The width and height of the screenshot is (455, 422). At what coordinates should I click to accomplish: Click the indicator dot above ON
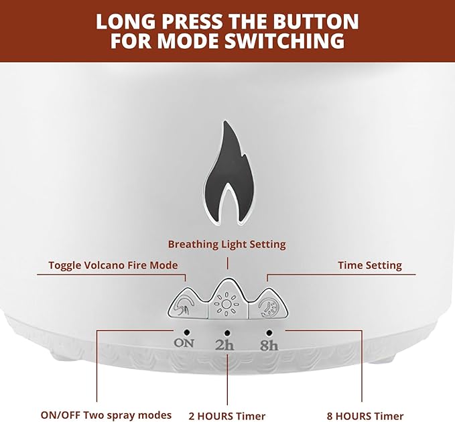tap(187, 332)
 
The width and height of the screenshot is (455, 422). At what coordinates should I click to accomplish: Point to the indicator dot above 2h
tap(227, 333)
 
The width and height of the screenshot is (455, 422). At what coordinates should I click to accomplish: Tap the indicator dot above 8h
tap(269, 333)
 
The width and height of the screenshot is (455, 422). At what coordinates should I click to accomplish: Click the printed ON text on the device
tap(184, 343)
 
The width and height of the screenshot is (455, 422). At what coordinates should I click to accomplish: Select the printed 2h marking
tap(224, 345)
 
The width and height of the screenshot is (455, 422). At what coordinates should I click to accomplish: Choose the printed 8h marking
tap(269, 345)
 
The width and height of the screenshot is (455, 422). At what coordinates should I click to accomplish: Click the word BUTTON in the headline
tap(304, 21)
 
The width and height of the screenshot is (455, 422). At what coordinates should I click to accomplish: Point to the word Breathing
tap(193, 244)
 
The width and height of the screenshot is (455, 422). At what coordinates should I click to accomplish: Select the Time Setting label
tap(370, 266)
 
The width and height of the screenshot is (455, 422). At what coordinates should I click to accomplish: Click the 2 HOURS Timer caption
tap(227, 415)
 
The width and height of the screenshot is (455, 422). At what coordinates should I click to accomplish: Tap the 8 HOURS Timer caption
tap(365, 415)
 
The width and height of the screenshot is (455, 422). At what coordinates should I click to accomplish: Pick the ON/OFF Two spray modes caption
tap(106, 415)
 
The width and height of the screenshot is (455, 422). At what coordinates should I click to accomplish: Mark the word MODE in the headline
tap(191, 40)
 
